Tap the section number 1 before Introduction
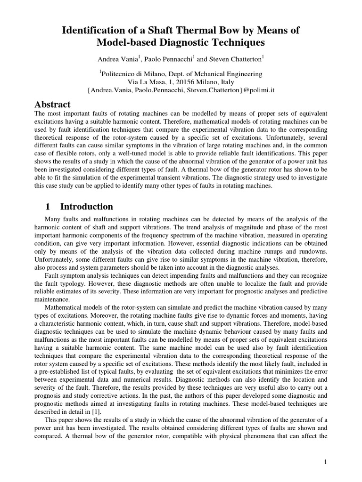(x=47, y=207)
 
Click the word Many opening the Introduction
(x=52, y=219)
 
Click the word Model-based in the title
(x=128, y=43)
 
